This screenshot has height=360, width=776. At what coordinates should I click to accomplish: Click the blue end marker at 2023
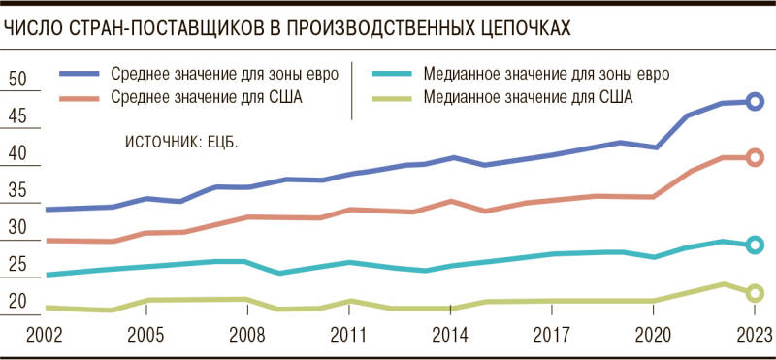click(756, 102)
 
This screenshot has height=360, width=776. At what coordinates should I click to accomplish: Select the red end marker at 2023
click(756, 157)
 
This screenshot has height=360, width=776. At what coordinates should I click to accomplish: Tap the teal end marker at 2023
click(756, 245)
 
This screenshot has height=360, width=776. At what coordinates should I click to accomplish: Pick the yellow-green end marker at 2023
click(756, 293)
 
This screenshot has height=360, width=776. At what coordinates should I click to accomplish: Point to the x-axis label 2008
click(247, 335)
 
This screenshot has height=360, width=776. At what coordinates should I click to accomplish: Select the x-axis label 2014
click(450, 335)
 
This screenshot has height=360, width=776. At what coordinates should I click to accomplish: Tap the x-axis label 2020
click(653, 335)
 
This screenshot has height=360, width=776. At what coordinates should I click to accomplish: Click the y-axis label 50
click(17, 80)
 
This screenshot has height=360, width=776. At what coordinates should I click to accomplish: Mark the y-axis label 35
click(17, 191)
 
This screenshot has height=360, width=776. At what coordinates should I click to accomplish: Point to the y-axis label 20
click(17, 302)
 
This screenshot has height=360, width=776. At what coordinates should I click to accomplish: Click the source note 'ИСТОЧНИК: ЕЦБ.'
click(181, 142)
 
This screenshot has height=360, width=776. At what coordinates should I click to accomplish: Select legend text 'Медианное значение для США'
click(528, 96)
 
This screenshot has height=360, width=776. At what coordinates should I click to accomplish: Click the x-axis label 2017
click(551, 335)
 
